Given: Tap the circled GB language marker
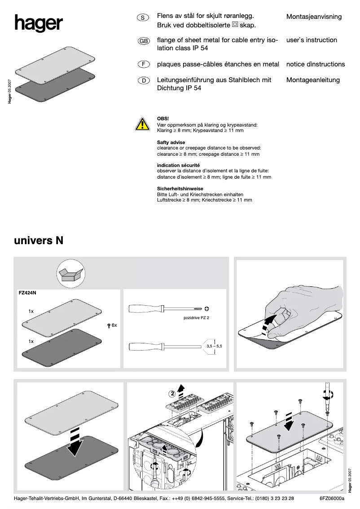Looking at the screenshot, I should click(144, 41).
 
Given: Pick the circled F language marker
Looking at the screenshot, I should click(143, 64).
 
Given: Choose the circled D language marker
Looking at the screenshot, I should click(143, 81).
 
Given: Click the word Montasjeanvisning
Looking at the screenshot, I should click(314, 17).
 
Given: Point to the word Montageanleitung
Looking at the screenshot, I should click(313, 80).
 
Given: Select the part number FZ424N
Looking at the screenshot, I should click(27, 293).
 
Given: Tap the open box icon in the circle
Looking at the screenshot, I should click(71, 274).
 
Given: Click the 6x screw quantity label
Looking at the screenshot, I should click(114, 325).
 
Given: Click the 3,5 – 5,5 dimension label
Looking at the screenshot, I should click(214, 346).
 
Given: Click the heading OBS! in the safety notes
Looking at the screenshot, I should click(163, 118).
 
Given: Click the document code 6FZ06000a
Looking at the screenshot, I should click(331, 498).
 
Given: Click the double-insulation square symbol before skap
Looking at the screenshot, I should click(235, 24).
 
